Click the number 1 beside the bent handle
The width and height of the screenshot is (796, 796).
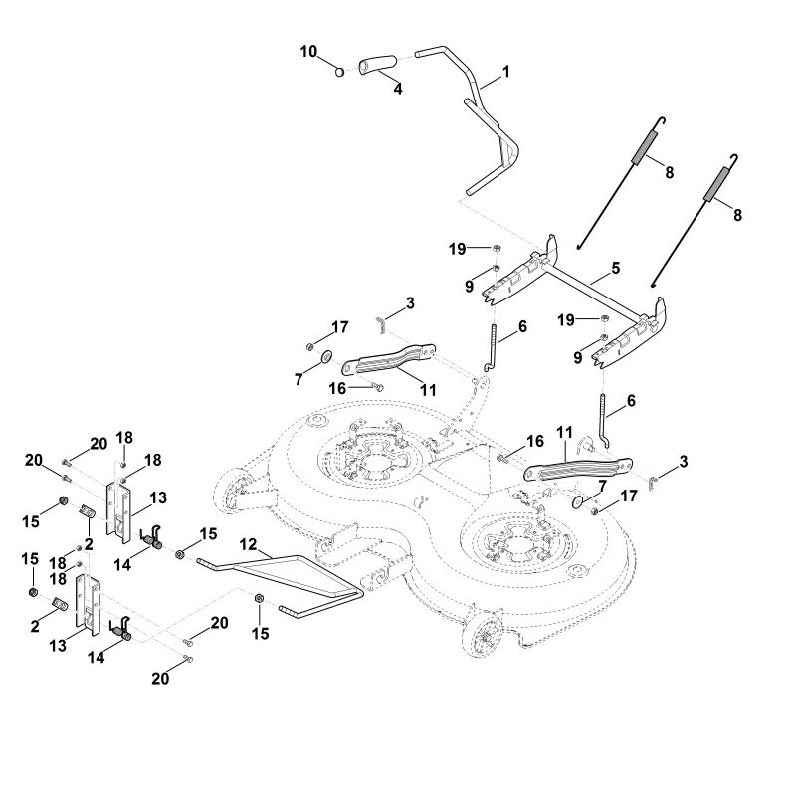tap(506, 71)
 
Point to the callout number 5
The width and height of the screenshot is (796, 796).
tap(615, 268)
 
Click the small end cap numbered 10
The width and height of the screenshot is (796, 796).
tap(341, 71)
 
